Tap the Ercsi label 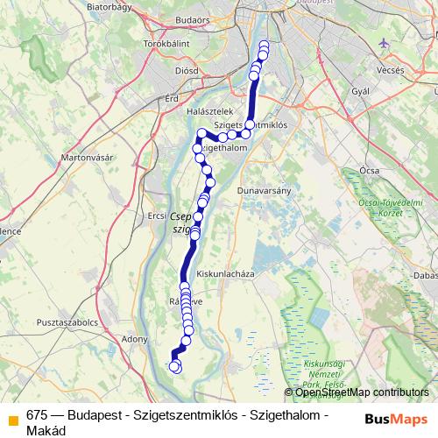pyautogui.click(x=157, y=215)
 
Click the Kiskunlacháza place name pyautogui.click(x=224, y=273)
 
